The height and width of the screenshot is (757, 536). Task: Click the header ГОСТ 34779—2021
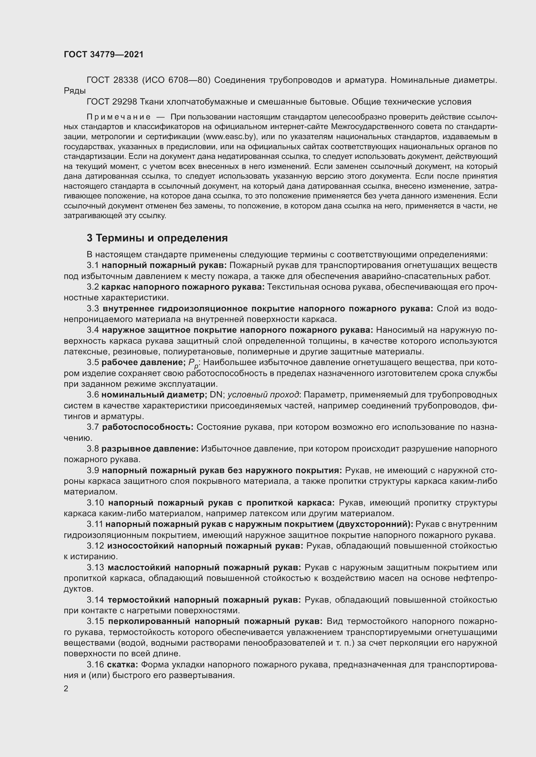click(104, 55)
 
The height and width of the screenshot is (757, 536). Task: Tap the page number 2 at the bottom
click(66, 689)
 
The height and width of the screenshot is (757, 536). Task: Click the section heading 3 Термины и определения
click(157, 238)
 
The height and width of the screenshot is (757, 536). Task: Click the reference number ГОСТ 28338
click(112, 80)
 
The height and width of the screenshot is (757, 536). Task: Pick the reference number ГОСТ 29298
click(112, 102)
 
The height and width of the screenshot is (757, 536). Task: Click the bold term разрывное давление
click(150, 449)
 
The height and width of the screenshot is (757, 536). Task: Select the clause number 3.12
click(95, 546)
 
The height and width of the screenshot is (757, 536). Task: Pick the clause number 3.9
click(93, 471)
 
